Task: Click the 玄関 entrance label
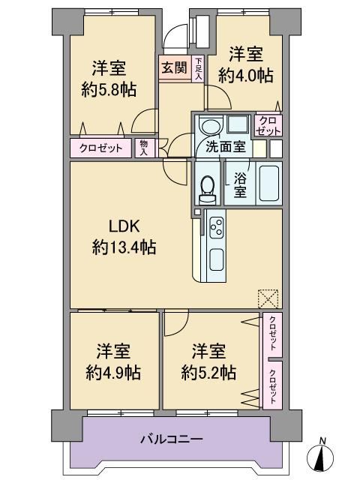tap(175, 67)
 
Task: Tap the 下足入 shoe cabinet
tap(199, 68)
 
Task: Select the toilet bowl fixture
tap(207, 189)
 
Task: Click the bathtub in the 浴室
tap(268, 183)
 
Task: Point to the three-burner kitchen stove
tap(216, 227)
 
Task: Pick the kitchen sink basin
tap(216, 259)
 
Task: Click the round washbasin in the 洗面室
tap(210, 127)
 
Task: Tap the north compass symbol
tap(320, 458)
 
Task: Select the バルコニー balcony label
tap(172, 439)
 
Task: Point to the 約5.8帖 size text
tap(109, 90)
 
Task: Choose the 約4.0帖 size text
tap(246, 75)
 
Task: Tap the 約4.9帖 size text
tap(113, 373)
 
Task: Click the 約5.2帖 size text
tap(208, 373)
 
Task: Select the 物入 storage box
tap(143, 148)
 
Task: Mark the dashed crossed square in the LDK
tap(268, 298)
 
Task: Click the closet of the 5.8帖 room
tap(100, 148)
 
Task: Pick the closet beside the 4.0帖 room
tap(268, 125)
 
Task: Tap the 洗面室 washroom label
tap(226, 147)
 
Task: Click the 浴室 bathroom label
tap(240, 184)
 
